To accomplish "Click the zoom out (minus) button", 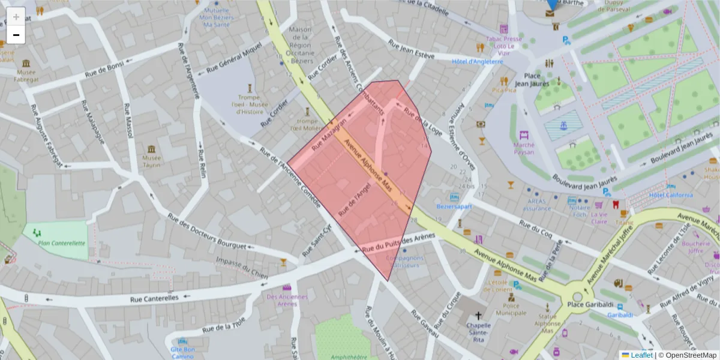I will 16,35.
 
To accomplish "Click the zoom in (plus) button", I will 16,17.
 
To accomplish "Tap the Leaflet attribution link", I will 641,355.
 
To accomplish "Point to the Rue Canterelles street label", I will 155,298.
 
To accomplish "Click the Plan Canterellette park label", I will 61,243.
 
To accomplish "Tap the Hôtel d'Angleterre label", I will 477,61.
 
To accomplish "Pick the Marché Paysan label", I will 523,148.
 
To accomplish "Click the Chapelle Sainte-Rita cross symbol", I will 478,316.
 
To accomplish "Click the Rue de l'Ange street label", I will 355,199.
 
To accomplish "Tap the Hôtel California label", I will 670,195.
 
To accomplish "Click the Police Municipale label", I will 511,310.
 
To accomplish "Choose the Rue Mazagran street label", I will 329,135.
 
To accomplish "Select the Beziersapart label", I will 454,206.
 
